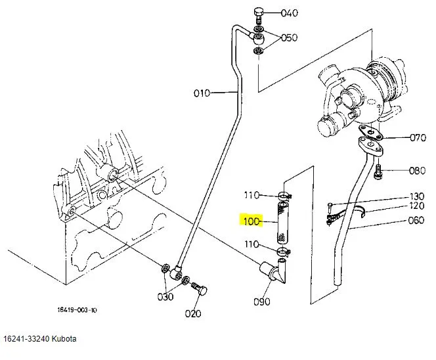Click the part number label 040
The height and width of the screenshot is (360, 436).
[289, 12]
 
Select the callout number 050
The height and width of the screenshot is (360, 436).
[289, 37]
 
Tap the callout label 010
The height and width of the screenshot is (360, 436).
[202, 93]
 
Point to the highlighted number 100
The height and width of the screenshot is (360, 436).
[251, 221]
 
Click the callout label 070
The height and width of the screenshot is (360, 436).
[418, 137]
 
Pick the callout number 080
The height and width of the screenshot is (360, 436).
[418, 171]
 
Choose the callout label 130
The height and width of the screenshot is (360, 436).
[417, 196]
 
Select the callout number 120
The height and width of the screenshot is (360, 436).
[417, 206]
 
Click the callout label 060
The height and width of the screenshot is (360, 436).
[416, 220]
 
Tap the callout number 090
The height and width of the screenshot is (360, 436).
[261, 302]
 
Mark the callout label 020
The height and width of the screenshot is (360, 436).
[193, 314]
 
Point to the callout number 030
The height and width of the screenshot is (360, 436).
[165, 297]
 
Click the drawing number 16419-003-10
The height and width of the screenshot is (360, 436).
[77, 310]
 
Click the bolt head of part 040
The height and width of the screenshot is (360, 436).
[259, 12]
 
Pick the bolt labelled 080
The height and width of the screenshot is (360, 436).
[378, 172]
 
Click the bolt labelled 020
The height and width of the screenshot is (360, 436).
[200, 289]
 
